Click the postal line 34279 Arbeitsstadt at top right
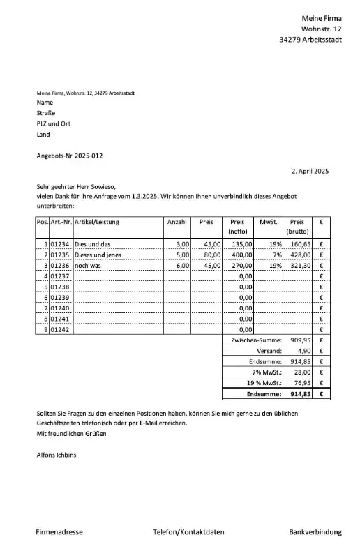[x=310, y=40]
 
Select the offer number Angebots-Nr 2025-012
[x=70, y=156]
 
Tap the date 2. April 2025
[x=309, y=171]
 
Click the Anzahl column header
[x=177, y=222]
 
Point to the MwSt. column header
[x=268, y=222]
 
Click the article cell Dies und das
[x=92, y=245]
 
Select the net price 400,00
[x=241, y=255]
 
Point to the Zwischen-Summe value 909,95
[x=299, y=340]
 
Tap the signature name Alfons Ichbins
[x=58, y=455]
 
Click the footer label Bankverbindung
[x=315, y=532]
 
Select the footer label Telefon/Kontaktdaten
[x=188, y=532]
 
